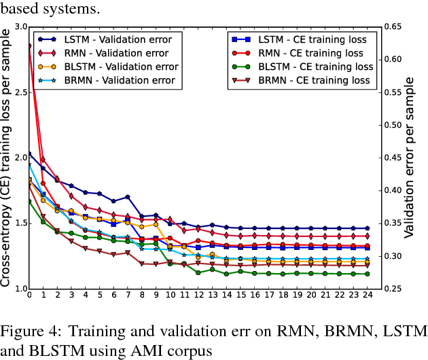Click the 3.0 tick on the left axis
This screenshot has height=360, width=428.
[18, 26]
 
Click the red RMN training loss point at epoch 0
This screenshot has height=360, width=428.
[29, 46]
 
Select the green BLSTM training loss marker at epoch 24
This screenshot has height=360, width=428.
[367, 274]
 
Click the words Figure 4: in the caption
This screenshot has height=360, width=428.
[26, 331]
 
